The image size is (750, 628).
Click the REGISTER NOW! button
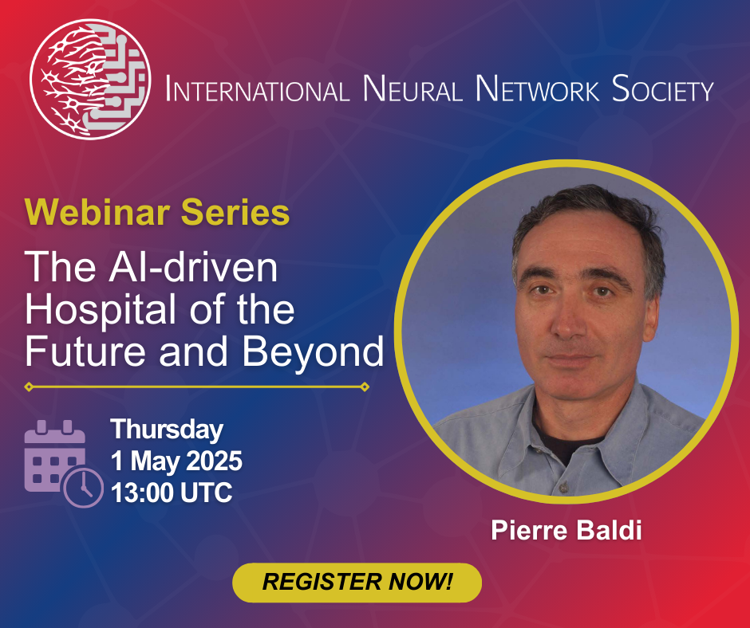coord(357,582)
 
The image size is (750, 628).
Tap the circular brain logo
coord(90,80)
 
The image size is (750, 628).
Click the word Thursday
coord(167,430)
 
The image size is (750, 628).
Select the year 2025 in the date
coord(214,461)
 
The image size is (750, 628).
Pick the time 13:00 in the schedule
coord(143,493)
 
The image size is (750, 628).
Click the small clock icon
coord(83,487)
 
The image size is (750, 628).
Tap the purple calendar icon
coord(54,456)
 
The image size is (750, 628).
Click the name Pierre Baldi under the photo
coord(566,531)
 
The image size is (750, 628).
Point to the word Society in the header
coord(662,89)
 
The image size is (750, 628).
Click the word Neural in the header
coord(412,89)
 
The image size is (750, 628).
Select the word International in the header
coord(257,89)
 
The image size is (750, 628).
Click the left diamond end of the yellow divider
coord(30,387)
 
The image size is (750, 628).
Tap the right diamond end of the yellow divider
coord(365,387)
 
